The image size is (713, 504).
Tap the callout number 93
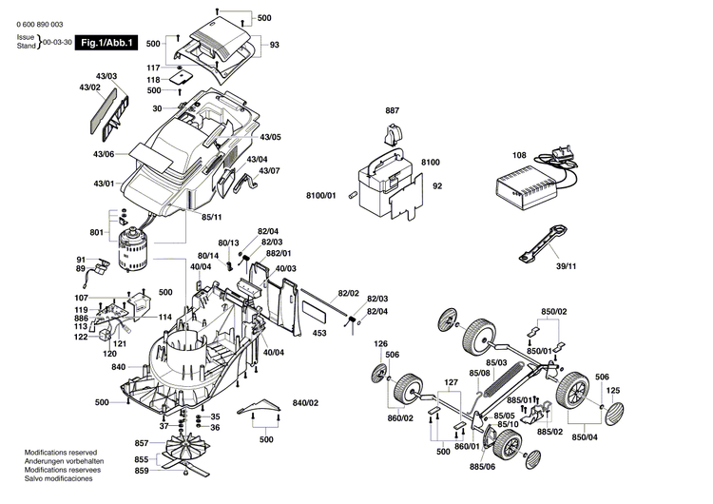[x=274, y=46]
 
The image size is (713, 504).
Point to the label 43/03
[x=106, y=75]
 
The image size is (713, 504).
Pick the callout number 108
[x=519, y=154]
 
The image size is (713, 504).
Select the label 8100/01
[x=321, y=195]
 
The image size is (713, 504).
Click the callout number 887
[x=393, y=111]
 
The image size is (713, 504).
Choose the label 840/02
[x=305, y=404]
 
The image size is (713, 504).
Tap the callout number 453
[x=319, y=333]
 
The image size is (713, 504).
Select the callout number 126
[x=380, y=343]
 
